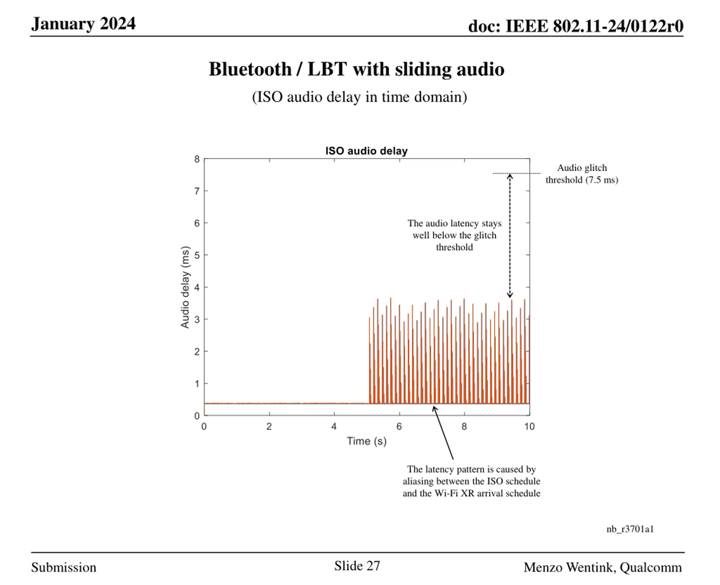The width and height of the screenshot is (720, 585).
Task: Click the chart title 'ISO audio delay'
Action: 366,151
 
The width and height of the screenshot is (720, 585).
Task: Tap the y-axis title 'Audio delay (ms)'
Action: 185,287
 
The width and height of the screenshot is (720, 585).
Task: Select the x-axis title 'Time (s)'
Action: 366,441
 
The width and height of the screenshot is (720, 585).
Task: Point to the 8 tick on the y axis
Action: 197,159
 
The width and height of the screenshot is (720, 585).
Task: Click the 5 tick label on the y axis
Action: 197,255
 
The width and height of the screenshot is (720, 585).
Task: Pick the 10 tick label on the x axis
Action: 529,427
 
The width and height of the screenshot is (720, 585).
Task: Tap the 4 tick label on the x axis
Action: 334,427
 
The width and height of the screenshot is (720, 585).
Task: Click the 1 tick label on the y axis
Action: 197,384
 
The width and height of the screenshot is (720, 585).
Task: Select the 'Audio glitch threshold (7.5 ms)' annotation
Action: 582,174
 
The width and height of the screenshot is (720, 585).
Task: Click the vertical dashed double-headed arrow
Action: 510,236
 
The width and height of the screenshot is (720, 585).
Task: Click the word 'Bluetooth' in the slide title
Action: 250,69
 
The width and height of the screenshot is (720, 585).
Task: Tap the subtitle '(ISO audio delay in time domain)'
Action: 359,97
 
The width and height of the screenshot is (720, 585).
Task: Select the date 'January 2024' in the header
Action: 83,24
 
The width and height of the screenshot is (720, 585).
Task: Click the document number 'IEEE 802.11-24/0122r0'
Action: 594,26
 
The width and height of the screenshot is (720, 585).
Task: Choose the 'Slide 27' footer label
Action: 357,566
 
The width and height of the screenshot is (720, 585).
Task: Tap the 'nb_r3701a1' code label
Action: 630,529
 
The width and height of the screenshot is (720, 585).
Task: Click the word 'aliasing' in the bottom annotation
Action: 418,481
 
